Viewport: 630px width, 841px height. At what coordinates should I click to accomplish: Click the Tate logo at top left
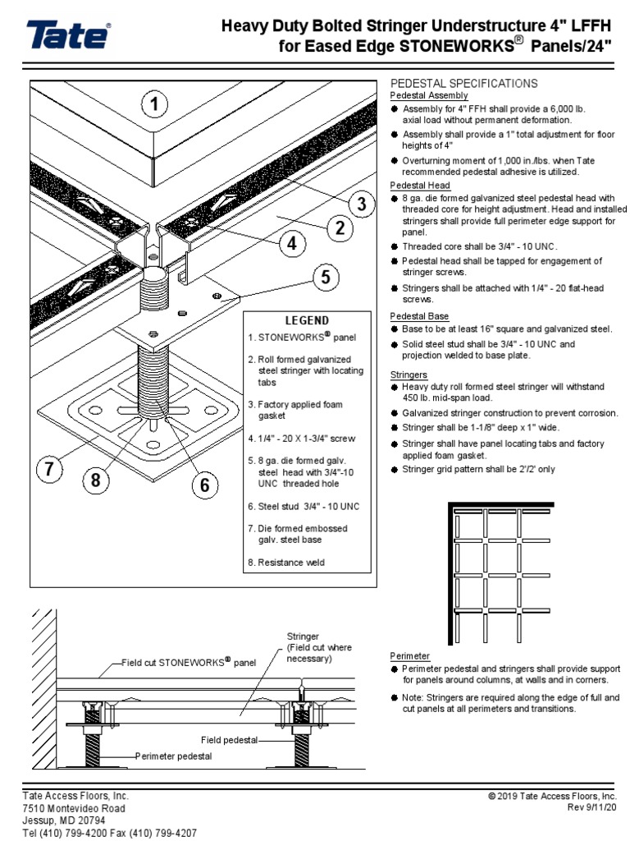[x=68, y=37]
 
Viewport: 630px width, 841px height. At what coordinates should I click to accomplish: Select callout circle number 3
[x=358, y=204]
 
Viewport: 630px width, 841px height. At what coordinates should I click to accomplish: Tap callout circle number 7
[x=48, y=470]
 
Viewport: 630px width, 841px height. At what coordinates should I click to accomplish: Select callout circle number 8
[x=96, y=480]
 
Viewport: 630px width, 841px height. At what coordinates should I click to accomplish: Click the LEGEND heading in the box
[x=307, y=320]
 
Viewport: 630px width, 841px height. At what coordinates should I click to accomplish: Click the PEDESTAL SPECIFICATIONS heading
[x=463, y=84]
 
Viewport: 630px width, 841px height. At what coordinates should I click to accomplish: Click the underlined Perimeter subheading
[x=409, y=656]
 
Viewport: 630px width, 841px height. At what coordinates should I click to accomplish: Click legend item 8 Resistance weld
[x=285, y=563]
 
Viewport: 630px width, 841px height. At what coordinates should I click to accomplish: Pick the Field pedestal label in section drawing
[x=229, y=740]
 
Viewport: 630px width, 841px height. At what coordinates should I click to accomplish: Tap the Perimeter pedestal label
[x=173, y=756]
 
